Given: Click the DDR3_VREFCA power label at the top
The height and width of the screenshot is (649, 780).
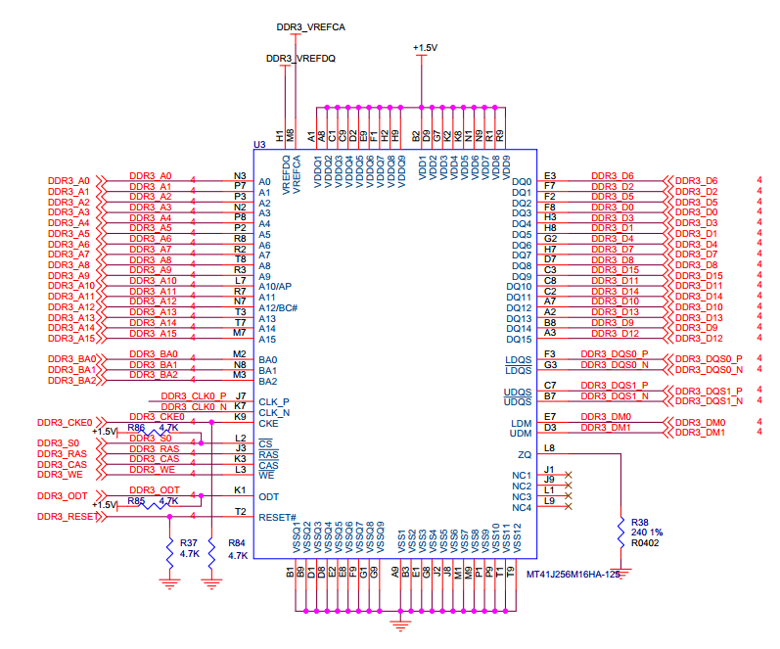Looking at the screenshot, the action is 311,27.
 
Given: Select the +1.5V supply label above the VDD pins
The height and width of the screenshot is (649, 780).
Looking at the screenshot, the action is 425,48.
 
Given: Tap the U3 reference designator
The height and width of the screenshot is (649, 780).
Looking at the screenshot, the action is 259,144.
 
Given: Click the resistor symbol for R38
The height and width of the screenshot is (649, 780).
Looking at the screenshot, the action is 620,533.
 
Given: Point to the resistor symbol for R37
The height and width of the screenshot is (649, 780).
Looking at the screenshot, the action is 169,552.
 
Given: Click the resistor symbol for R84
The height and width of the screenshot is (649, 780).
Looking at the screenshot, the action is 211,552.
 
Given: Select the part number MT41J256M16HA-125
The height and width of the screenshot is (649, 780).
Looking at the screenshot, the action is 574,575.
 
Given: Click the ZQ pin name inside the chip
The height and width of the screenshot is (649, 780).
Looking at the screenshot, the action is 525,455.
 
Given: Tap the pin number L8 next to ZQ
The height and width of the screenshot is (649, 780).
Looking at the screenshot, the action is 549,448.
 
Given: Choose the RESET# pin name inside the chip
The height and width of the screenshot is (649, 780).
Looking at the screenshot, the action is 278,518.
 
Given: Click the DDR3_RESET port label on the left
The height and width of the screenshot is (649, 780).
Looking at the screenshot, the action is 67,517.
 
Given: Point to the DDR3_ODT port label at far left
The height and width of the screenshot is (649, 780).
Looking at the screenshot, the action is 63,496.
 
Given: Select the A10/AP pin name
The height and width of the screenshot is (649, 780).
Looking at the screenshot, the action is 275,287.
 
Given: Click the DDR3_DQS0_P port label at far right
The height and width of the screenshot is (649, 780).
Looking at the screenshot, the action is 709,359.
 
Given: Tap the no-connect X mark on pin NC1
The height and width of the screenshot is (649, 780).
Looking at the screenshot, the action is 569,475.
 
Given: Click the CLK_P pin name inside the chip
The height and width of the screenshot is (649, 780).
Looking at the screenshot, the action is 274,402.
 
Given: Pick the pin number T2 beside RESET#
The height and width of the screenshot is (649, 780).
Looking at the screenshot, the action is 241,512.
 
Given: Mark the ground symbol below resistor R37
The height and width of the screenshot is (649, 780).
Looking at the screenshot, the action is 169,583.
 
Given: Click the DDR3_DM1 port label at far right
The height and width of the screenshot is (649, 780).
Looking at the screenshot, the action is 700,433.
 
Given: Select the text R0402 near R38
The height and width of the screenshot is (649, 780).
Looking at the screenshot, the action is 645,543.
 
